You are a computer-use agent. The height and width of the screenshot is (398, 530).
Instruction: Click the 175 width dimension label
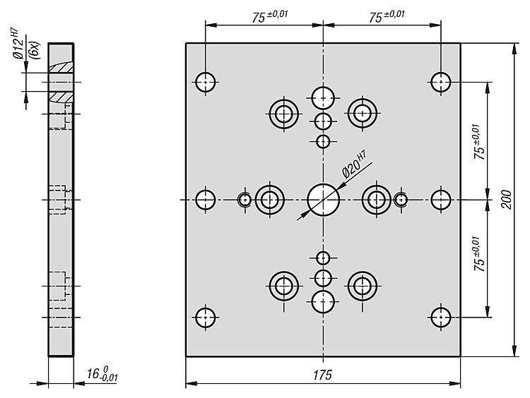coord(322,375)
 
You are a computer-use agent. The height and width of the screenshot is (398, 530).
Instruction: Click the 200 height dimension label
coord(506,200)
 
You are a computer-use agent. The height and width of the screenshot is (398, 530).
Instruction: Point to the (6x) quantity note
coord(34,50)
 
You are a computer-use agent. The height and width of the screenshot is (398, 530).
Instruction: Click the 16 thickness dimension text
coord(102,374)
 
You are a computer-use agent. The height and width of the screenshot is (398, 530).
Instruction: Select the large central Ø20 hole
coord(324,200)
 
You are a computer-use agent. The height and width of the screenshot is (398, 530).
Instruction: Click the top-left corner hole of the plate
coord(206,82)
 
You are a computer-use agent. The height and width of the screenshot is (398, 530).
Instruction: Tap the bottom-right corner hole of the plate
coord(441,318)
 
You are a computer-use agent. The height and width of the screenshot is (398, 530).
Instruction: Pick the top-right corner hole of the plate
coord(441,82)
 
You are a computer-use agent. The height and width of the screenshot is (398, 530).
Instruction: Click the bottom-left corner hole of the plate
coord(206,318)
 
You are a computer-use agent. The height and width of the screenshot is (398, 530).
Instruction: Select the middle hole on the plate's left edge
coord(206,200)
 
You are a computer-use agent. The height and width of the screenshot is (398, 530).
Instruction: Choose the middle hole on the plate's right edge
coord(441,200)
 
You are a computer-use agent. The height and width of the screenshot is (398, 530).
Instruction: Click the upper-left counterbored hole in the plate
coord(284,114)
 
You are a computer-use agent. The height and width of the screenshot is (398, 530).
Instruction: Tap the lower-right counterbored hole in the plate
coord(363,287)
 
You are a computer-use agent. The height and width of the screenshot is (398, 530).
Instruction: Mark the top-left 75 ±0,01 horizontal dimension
coord(269,16)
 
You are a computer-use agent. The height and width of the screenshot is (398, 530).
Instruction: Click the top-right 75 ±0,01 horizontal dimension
coord(387,16)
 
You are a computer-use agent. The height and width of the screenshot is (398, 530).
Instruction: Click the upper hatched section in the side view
coord(61,67)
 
